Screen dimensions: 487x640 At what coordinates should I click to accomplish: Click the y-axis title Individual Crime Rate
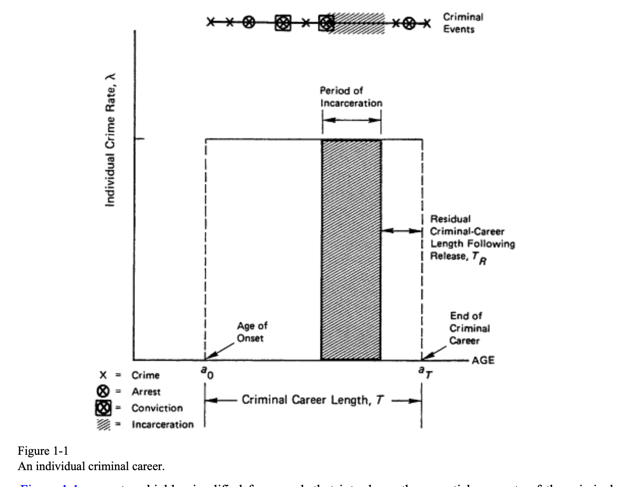[x=110, y=140]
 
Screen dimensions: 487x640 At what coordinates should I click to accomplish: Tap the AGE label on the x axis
[x=483, y=360]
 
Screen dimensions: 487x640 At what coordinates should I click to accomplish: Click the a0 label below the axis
[x=207, y=372]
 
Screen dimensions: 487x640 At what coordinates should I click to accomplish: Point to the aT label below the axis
[x=425, y=372]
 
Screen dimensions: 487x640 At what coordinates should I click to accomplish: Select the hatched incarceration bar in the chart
[x=351, y=250]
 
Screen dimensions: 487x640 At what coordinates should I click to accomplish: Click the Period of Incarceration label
[x=351, y=97]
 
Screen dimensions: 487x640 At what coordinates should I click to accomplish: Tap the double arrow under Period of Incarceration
[x=351, y=120]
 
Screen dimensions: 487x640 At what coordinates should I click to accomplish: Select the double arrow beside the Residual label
[x=401, y=231]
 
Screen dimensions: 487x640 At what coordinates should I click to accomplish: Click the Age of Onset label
[x=252, y=332]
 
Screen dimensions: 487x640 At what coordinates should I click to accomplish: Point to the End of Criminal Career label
[x=469, y=328]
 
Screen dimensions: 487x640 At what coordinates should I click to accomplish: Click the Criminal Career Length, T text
[x=312, y=400]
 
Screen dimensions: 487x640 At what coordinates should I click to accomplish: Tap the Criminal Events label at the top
[x=463, y=23]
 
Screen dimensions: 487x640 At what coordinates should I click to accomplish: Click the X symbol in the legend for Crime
[x=103, y=375]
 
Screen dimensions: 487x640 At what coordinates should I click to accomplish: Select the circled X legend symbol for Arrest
[x=102, y=391]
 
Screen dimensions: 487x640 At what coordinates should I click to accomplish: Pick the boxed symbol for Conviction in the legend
[x=103, y=408]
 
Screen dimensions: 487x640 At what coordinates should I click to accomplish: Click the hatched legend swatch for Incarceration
[x=103, y=424]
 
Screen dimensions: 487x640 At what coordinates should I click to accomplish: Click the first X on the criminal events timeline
[x=211, y=22]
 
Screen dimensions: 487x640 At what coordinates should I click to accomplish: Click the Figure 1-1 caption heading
[x=43, y=451]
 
